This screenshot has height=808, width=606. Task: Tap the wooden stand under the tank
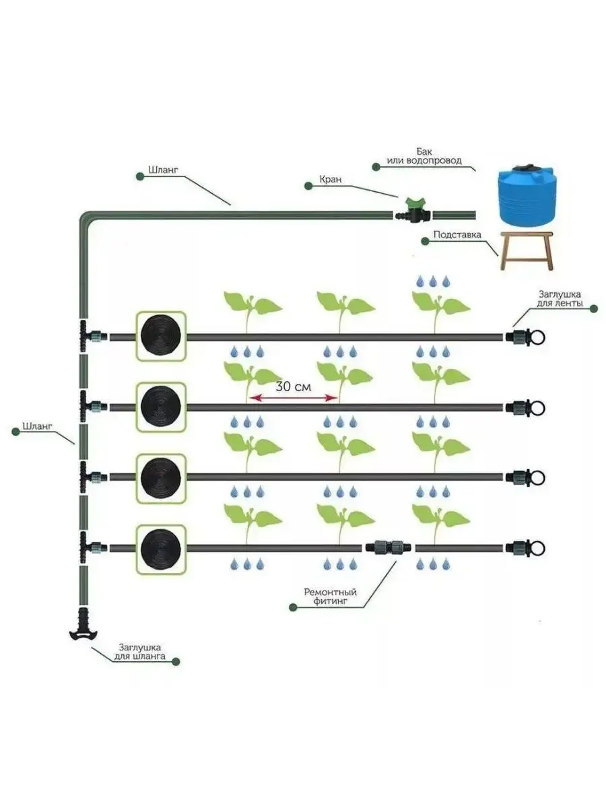(527, 250)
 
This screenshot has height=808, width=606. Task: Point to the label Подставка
(458, 236)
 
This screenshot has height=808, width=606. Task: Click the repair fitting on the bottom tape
(389, 547)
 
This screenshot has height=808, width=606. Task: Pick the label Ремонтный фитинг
(330, 596)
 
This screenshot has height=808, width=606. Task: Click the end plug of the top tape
(528, 336)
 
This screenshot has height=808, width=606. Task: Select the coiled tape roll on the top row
(161, 335)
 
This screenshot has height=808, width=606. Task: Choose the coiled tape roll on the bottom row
(161, 547)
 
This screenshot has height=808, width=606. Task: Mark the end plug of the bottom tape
(528, 547)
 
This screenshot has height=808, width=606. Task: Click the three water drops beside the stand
(428, 281)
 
